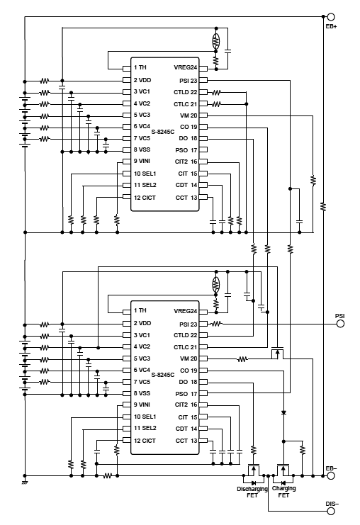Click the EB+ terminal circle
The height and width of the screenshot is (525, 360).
pos(330,16)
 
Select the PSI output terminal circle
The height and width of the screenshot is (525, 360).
pos(341,323)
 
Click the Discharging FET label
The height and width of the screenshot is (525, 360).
pos(252,492)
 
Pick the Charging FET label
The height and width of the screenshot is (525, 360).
pos(284,492)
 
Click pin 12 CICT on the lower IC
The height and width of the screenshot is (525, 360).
pos(145,440)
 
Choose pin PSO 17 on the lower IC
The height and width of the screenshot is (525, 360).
pos(186,393)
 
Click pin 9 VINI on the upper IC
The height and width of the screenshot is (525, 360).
pos(143,162)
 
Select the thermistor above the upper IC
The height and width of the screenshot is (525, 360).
pos(215,40)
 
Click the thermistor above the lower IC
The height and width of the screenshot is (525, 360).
pos(216,284)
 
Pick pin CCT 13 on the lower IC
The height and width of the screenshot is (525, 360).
pos(186,440)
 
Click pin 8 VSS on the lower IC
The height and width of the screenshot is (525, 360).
pos(143,393)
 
